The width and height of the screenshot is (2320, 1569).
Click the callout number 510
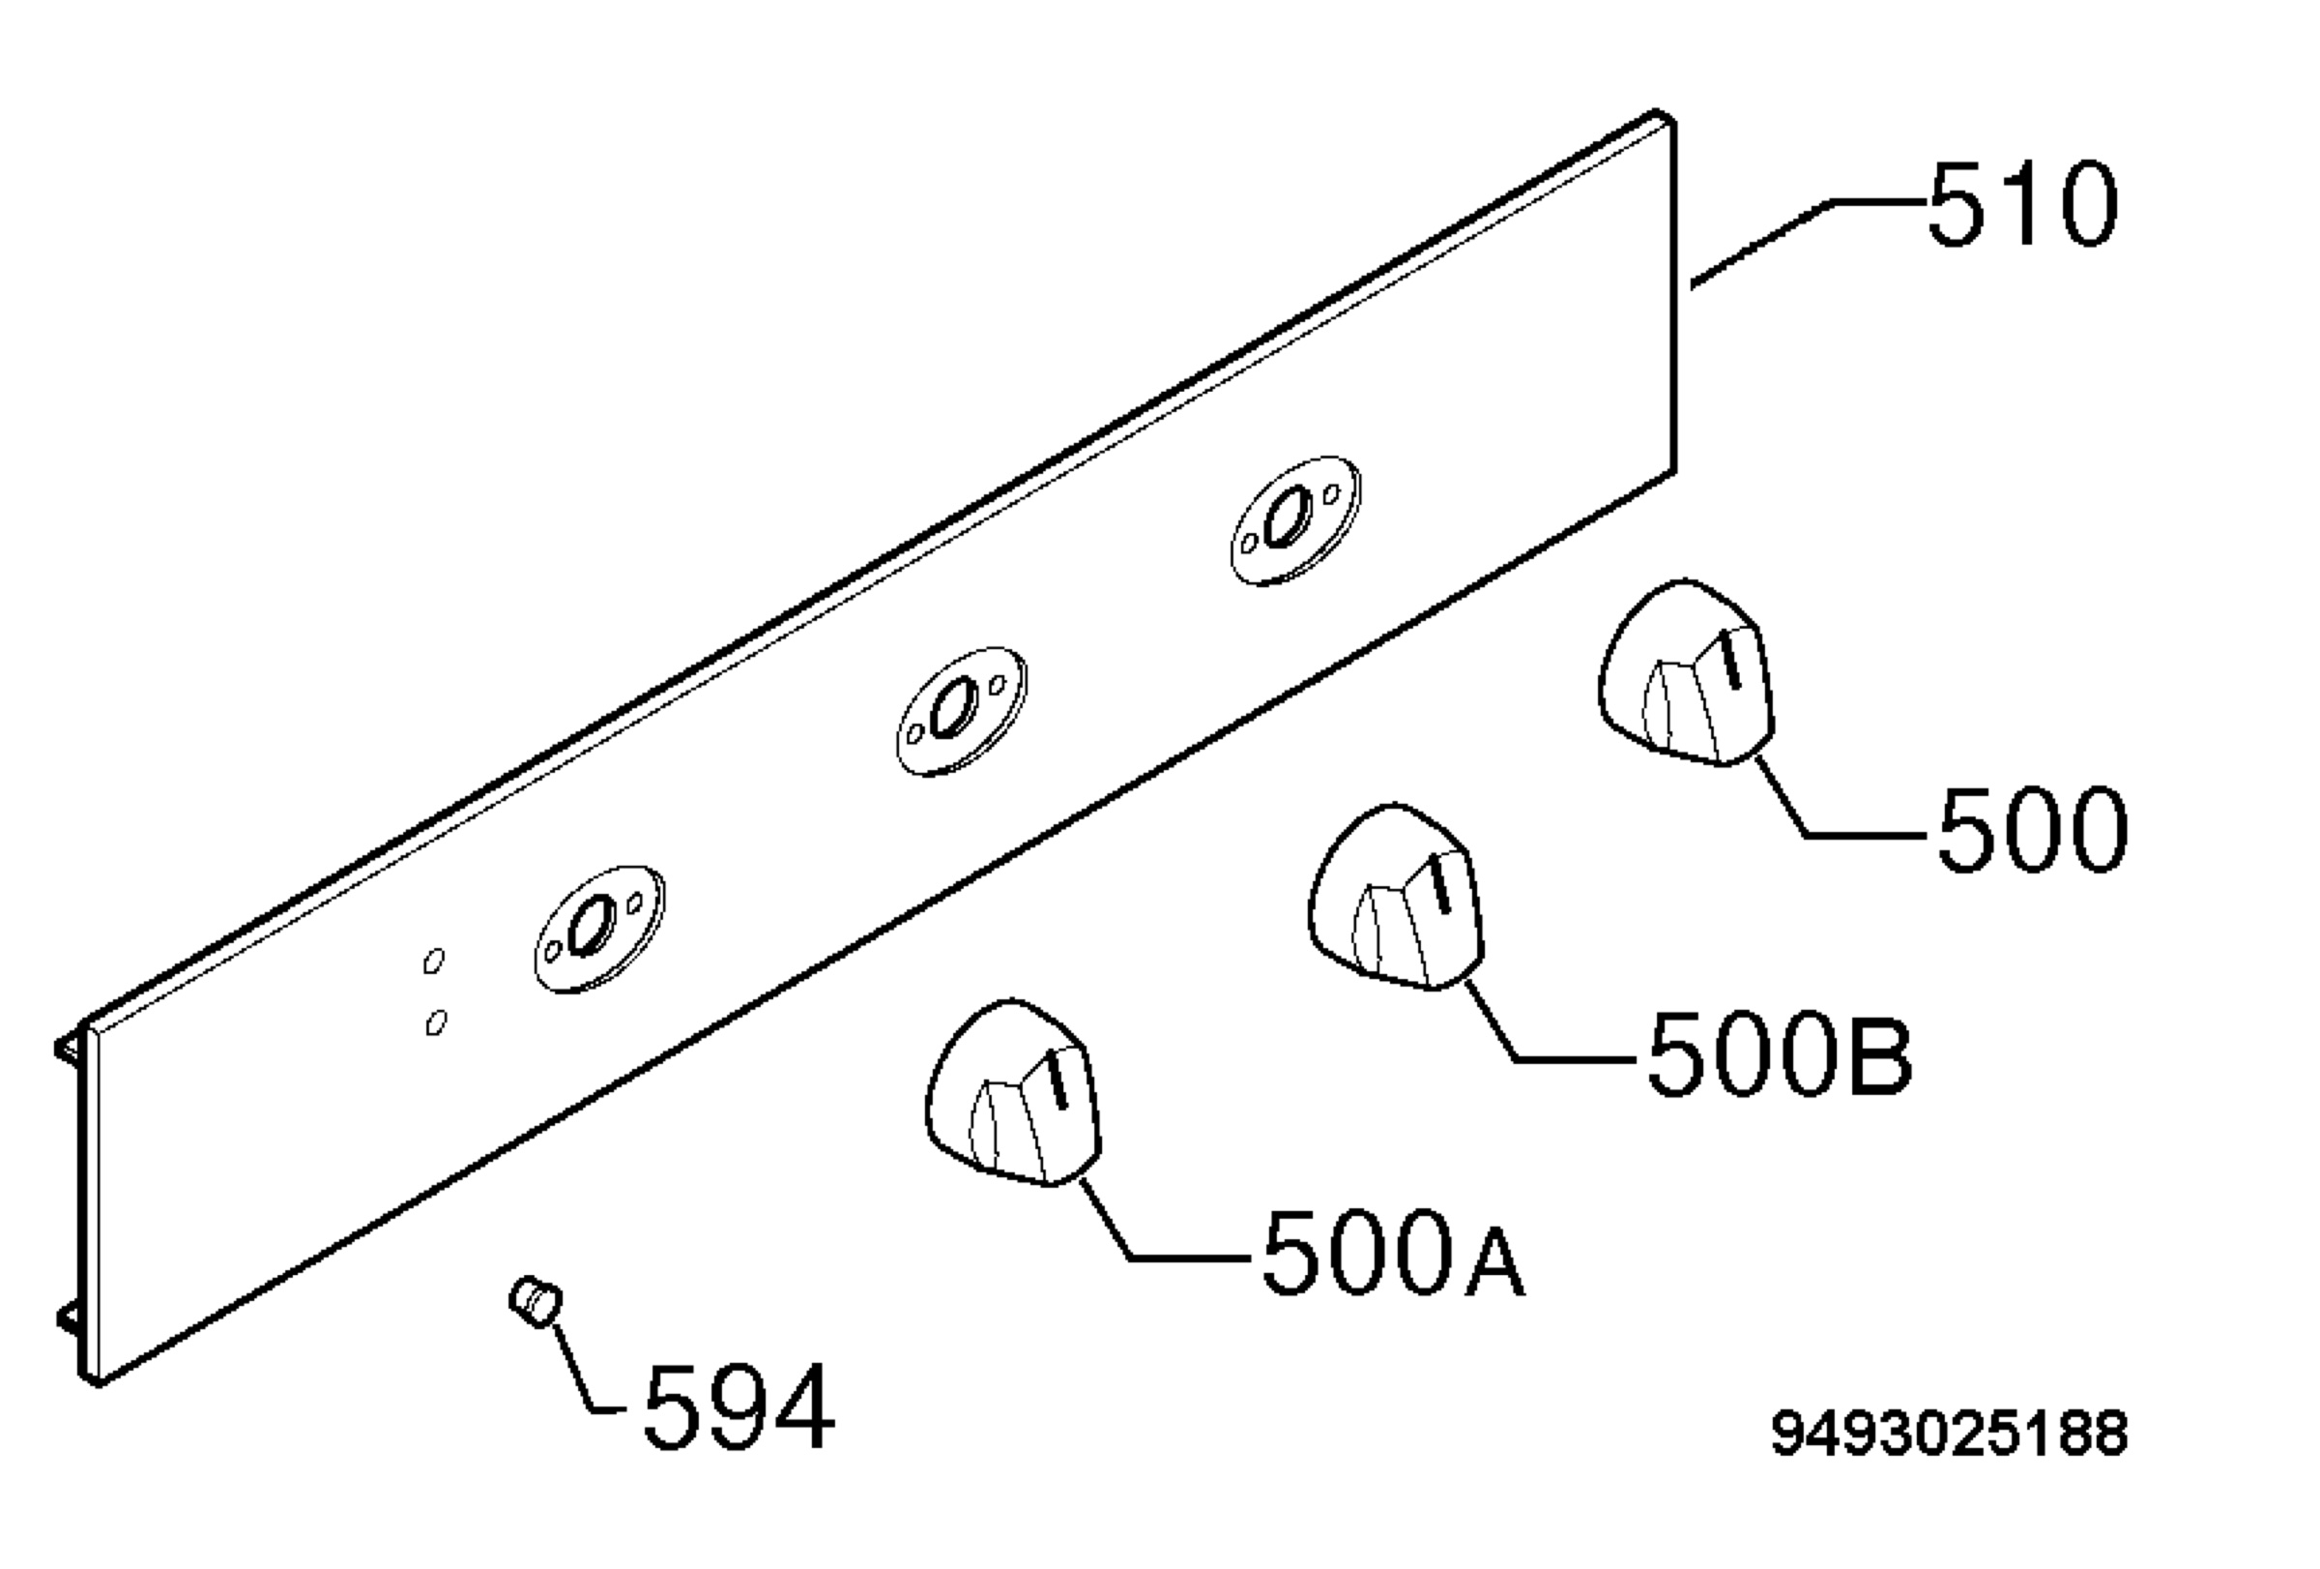[2021, 205]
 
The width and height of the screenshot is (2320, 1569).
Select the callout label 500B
[1779, 1054]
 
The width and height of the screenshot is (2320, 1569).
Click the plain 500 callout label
[2032, 829]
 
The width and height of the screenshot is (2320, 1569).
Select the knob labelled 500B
[1396, 897]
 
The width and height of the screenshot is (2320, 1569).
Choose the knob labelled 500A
[1013, 1093]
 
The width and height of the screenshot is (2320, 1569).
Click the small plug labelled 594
[536, 1301]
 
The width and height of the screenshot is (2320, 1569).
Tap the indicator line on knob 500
[1732, 660]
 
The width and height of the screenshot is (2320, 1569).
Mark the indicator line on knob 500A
[1058, 1081]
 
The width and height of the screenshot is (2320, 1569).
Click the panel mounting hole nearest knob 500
[1294, 520]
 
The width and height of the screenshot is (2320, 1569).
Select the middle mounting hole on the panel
[961, 710]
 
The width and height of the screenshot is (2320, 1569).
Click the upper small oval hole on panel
[433, 961]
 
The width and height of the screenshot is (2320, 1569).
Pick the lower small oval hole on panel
[435, 1022]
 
